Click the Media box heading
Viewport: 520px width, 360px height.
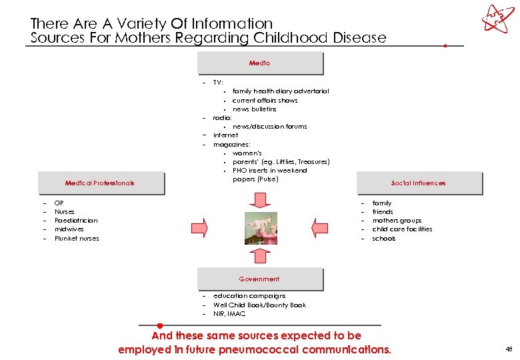(259, 63)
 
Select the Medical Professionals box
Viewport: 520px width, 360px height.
(100, 183)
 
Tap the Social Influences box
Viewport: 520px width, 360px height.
(418, 183)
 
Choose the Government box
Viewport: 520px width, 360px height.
(259, 279)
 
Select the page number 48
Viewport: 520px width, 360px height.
(509, 349)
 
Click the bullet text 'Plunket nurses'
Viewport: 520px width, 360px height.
(77, 238)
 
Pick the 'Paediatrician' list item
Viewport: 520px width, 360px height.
(76, 221)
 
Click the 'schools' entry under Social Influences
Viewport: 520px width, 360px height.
(383, 238)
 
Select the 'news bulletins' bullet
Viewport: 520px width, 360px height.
(254, 109)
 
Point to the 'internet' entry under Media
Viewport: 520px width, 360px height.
(225, 135)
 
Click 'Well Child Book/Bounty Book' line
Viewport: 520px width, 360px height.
(259, 305)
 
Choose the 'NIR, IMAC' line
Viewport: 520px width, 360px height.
(229, 313)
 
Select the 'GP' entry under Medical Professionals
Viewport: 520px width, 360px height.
(59, 203)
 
